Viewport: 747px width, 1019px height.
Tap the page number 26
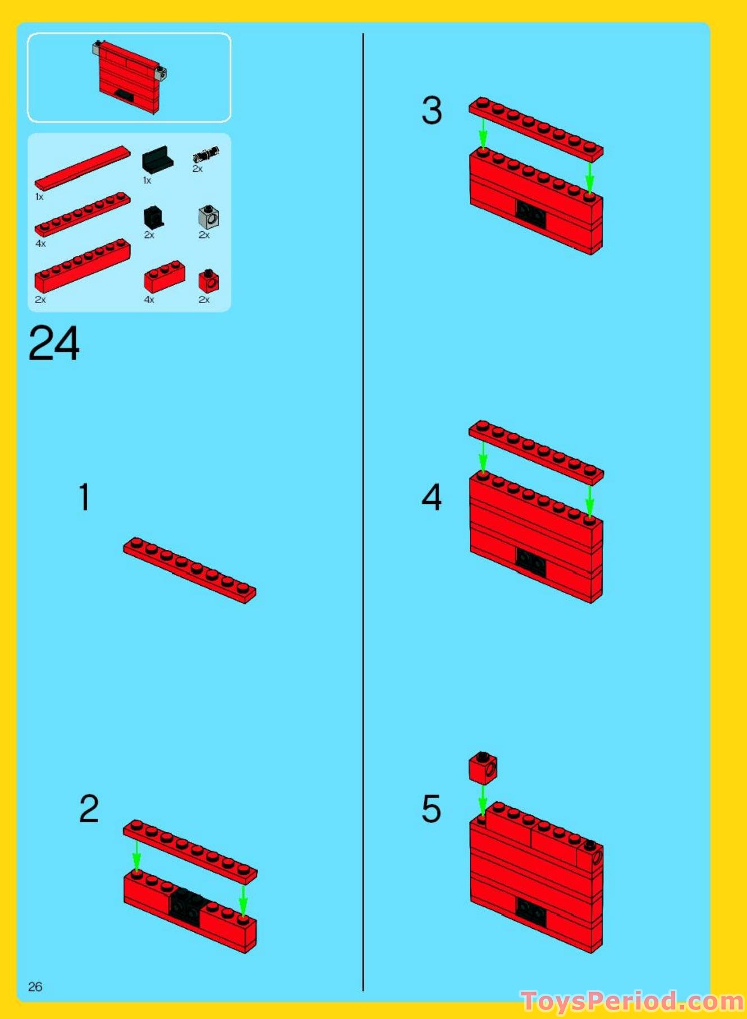pos(35,986)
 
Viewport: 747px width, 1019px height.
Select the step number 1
pos(84,497)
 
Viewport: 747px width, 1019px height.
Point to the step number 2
pos(89,809)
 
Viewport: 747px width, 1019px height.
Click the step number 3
pos(432,110)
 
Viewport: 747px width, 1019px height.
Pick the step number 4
pos(432,497)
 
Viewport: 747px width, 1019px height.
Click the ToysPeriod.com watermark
pos(633,1000)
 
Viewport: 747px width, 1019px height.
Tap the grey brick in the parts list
pos(209,217)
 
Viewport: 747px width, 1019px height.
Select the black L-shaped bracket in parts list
pos(157,160)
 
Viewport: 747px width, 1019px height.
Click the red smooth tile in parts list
pos(83,168)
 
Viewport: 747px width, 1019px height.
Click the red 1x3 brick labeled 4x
pos(164,277)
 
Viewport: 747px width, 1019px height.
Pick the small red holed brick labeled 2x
pos(209,281)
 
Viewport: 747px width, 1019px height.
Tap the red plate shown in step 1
pos(190,570)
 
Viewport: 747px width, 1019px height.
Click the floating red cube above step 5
pos(483,768)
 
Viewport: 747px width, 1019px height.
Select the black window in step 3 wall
pos(530,213)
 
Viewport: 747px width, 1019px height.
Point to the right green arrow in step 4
pos(589,501)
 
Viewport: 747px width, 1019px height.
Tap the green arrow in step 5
pos(483,801)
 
